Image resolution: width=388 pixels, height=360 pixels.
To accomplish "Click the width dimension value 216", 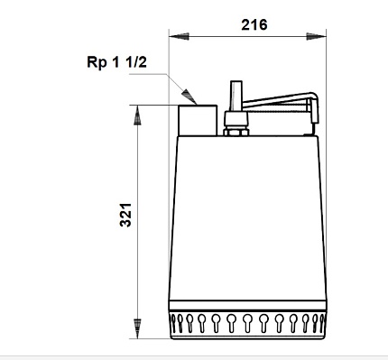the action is [x=254, y=24].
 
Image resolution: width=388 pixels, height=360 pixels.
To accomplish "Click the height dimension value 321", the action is [x=125, y=215].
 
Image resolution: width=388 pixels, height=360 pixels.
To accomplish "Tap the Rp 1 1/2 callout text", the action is [x=116, y=62].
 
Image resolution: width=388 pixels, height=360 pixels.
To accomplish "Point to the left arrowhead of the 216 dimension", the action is [x=179, y=36].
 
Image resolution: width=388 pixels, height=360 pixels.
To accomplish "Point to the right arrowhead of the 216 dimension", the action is [x=316, y=36].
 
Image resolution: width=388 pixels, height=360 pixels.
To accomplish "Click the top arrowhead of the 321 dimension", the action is [x=137, y=115].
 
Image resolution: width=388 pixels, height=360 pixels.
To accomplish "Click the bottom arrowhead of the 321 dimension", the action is [x=137, y=328].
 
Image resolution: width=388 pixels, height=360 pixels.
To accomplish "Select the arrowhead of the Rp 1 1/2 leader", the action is [x=189, y=97].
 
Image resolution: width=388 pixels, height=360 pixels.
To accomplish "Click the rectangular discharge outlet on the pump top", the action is [x=198, y=120].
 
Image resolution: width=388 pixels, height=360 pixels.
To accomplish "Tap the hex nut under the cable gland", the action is [x=236, y=132].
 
